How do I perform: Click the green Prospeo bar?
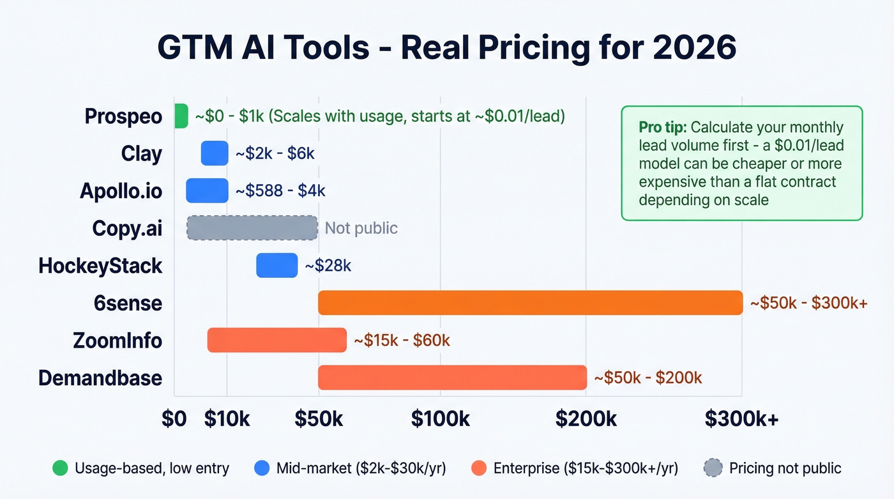[181, 116]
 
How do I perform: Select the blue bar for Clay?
[215, 153]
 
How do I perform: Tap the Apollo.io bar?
[207, 190]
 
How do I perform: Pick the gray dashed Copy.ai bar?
[252, 227]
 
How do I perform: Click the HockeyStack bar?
[277, 265]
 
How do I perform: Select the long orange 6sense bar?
[530, 302]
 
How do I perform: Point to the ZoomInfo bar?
[277, 340]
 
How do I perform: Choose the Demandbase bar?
[452, 377]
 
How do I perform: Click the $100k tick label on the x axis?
[440, 418]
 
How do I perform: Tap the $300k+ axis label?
[741, 418]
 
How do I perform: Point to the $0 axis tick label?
[174, 418]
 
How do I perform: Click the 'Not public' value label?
[361, 228]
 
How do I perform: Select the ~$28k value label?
[328, 265]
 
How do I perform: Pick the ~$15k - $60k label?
[402, 341]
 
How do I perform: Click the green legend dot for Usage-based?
[59, 468]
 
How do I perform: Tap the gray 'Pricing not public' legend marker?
[712, 468]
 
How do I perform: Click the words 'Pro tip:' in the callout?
[662, 127]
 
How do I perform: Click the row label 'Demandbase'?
[100, 378]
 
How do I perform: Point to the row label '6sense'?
[128, 303]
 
